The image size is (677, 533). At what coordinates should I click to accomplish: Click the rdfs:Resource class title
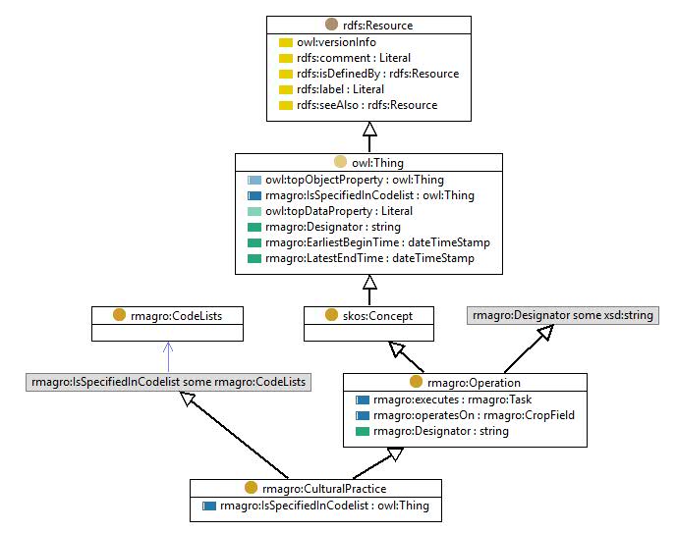377,26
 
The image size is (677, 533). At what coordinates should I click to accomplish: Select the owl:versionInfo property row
328,42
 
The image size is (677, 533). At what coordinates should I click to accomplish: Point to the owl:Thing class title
377,163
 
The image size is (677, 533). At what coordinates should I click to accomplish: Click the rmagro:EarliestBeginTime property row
368,242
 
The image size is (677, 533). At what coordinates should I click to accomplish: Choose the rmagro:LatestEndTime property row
361,258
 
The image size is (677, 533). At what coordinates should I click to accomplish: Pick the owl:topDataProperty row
330,211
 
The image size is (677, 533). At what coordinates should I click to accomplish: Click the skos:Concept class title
377,316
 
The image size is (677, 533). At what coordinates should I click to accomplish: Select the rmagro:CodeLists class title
176,316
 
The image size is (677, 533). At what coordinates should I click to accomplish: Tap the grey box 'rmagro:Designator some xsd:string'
563,315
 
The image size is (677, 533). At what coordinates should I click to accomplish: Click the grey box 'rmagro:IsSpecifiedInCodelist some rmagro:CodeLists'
168,382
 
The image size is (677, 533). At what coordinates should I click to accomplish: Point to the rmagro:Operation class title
474,383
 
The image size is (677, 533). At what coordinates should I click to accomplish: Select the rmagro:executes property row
444,400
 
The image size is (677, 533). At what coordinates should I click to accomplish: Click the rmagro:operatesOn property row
465,415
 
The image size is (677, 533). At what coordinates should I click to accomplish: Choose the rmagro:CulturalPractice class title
324,489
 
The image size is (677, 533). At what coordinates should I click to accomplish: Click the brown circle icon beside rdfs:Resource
331,25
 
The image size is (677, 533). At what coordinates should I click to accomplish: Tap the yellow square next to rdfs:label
286,89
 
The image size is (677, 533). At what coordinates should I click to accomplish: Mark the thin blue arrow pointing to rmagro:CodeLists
168,357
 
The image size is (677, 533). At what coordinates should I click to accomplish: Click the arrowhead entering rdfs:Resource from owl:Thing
369,129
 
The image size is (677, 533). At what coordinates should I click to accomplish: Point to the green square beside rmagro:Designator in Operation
363,431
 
